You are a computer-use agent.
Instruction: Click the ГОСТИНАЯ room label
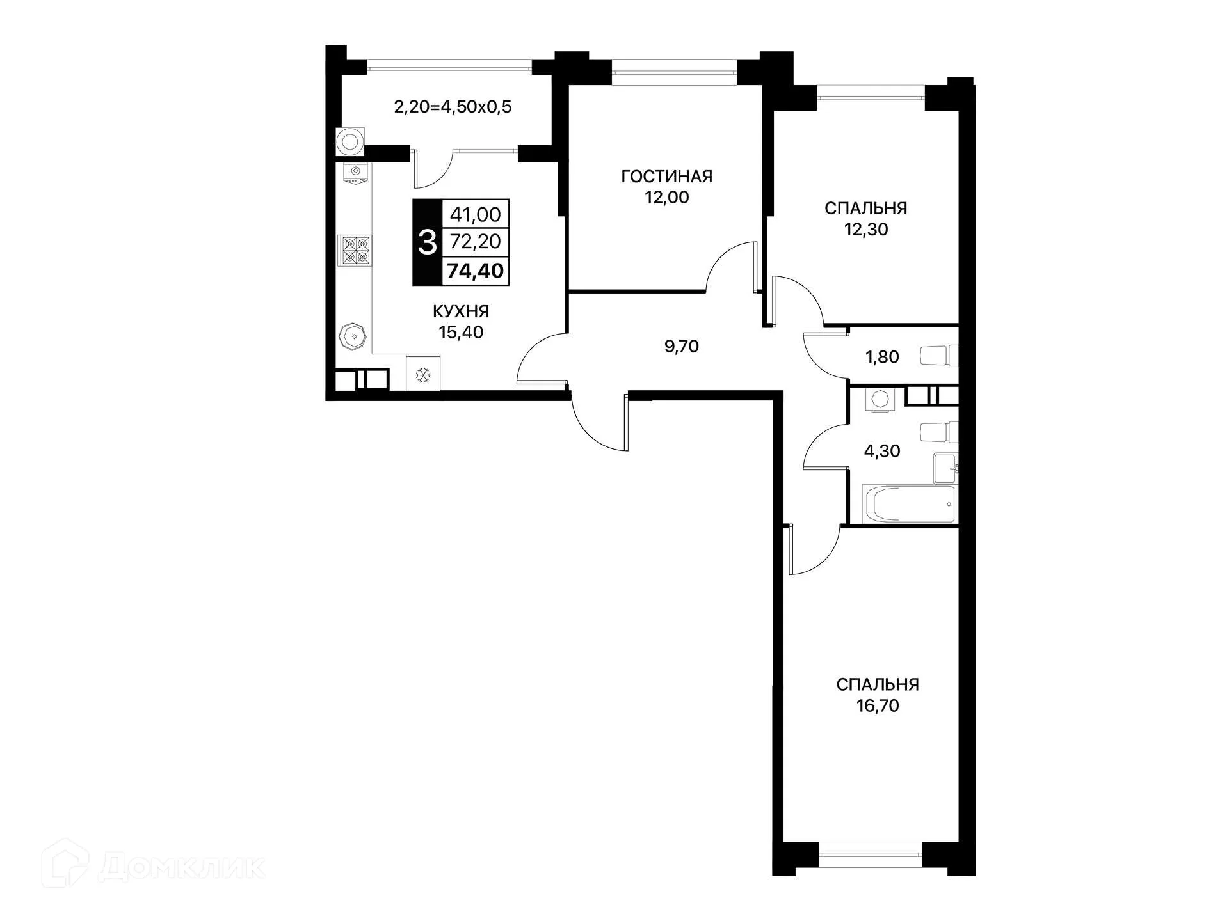[666, 177]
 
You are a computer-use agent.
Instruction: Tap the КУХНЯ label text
[460, 311]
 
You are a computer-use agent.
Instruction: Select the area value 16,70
[877, 706]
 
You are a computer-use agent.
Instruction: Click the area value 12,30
[865, 230]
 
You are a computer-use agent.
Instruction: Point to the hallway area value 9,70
[681, 347]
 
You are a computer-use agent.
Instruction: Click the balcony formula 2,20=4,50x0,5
[453, 107]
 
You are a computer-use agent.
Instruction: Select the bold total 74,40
[475, 271]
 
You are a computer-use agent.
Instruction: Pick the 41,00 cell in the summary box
[475, 214]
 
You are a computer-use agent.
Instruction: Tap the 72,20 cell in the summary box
[475, 242]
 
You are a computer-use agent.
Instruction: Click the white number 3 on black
[427, 242]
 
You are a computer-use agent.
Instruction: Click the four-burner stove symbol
[355, 250]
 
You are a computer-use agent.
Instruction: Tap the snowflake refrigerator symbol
[422, 375]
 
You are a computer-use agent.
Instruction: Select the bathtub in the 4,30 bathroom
[908, 504]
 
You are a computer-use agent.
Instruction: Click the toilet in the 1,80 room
[939, 356]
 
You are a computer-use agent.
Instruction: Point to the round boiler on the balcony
[350, 141]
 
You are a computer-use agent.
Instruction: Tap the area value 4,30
[881, 452]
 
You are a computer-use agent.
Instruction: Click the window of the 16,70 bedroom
[870, 854]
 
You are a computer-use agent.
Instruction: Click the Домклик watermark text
[182, 868]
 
